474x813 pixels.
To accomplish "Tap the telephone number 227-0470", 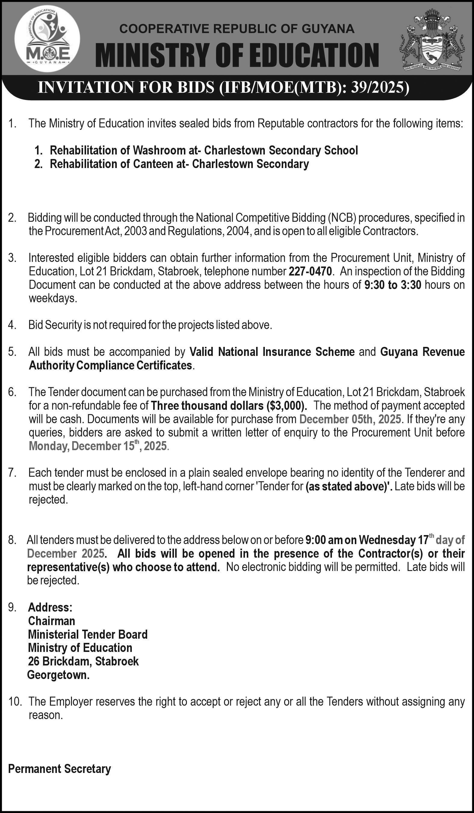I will tap(310, 272).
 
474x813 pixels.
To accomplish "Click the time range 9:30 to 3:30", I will tap(392, 285).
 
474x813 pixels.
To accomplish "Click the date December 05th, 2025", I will tap(350, 419).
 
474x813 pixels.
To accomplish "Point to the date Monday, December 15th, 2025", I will tap(98, 446).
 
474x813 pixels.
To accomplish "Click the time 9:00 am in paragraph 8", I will tap(319, 540).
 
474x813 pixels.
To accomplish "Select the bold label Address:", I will tap(50, 608).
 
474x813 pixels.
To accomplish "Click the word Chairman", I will tap(51, 621).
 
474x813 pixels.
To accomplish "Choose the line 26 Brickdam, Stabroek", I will tap(83, 661).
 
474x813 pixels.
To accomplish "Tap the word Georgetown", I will tap(58, 675).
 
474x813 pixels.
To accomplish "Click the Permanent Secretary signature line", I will tap(59, 769).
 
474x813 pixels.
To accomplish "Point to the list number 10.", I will tap(15, 702).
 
